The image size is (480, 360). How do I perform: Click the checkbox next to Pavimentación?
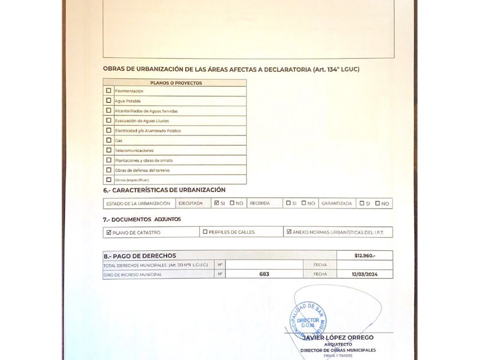click(109, 90)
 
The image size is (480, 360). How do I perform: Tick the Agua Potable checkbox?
click(109, 101)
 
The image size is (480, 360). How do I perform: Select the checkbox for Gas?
click(109, 140)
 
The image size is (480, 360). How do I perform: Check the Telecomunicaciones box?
click(109, 150)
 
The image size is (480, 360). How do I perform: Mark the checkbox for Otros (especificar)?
click(109, 180)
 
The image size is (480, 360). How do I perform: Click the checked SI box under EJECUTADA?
click(216, 203)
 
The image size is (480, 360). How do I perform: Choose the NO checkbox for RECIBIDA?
click(303, 203)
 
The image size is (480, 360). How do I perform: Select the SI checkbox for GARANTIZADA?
click(362, 203)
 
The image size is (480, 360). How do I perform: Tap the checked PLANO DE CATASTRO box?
click(109, 232)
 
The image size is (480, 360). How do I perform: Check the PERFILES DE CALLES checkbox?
click(205, 232)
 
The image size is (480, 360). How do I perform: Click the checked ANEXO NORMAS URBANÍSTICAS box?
click(289, 232)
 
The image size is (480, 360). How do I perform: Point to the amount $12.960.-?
click(365, 255)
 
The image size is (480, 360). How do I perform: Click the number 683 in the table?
click(264, 274)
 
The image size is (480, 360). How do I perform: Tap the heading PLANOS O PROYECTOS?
click(176, 83)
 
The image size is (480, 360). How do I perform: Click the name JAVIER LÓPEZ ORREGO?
click(342, 338)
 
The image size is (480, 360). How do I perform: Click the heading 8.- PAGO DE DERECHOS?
click(140, 255)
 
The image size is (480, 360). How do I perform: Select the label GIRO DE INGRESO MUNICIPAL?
click(133, 275)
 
